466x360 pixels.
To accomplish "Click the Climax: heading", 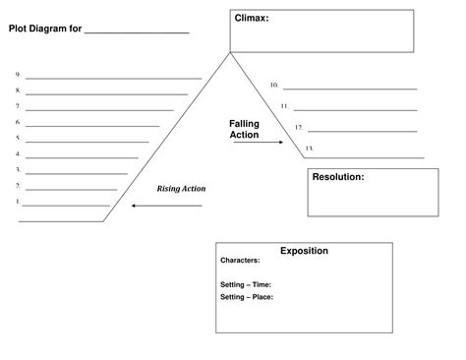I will point(252,18).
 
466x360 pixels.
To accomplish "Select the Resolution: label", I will point(338,177).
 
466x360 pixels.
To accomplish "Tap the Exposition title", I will point(304,251).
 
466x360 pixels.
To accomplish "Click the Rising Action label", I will point(181,188).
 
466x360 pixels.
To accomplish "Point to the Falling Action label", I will point(245,130).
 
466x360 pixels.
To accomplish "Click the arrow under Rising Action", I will point(166,206).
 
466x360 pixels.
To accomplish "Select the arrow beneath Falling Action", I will point(257,143).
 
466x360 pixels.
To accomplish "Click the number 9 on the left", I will point(18,75).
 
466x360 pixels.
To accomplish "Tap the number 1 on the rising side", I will point(18,202).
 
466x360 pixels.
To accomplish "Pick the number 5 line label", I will point(18,139).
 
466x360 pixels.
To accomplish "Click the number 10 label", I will point(274,86).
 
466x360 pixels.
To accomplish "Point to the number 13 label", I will point(309,149).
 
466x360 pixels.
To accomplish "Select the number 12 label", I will point(299,127).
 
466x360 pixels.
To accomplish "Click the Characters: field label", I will point(240,262).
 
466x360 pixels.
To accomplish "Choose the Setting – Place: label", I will point(247,296).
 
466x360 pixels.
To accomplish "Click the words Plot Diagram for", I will point(45,29).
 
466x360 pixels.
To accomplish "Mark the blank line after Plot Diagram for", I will point(137,32).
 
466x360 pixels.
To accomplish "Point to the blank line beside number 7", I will point(99,110).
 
